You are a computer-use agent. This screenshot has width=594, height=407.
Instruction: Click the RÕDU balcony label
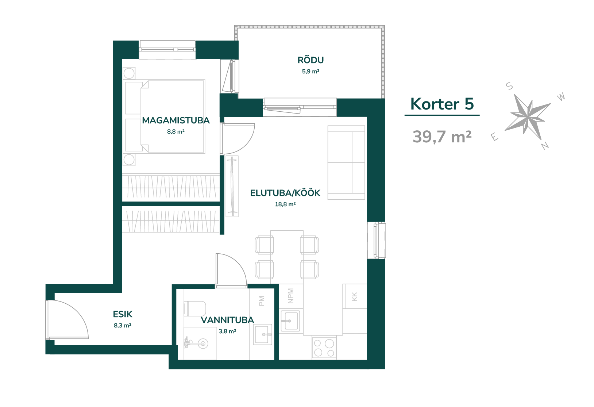click(310, 60)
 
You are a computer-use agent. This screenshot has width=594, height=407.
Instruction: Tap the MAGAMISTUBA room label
click(176, 120)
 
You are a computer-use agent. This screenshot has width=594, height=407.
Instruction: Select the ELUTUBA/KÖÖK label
click(285, 193)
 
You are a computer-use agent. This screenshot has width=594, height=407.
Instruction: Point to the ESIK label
click(123, 314)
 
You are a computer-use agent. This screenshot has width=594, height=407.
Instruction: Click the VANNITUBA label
click(227, 320)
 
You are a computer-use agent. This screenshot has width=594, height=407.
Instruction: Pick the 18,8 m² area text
click(285, 204)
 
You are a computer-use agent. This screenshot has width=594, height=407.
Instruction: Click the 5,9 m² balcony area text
click(310, 72)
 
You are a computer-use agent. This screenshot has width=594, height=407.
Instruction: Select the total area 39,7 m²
click(442, 137)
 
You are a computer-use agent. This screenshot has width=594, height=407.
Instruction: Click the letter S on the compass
click(509, 86)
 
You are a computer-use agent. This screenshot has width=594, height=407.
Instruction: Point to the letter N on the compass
click(545, 146)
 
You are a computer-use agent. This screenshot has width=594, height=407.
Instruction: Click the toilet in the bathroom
click(195, 308)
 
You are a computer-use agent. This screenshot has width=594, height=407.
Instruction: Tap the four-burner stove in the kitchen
click(324, 348)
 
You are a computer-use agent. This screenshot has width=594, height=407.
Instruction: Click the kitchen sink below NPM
click(290, 321)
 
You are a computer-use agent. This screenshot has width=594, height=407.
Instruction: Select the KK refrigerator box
click(355, 296)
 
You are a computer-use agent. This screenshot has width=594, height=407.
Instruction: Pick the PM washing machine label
click(262, 301)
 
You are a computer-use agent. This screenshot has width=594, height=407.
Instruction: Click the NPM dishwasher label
click(291, 296)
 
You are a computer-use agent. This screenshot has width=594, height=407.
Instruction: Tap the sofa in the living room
click(346, 163)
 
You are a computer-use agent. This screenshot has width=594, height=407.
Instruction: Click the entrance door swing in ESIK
click(67, 319)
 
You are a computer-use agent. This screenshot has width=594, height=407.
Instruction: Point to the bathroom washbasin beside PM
click(263, 334)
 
